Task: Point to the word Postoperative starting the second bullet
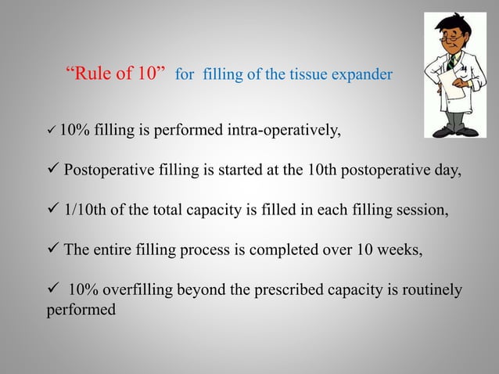(109, 171)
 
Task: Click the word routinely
(426, 290)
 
